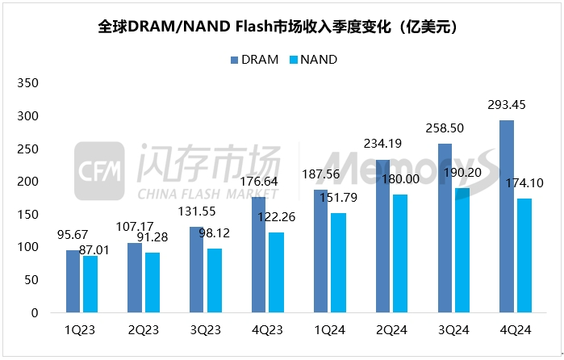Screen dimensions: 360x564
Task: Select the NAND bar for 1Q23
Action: tap(90, 283)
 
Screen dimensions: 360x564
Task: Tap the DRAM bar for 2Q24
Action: tap(382, 249)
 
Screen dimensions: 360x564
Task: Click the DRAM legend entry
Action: tap(255, 60)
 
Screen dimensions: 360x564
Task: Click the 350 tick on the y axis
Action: tap(28, 82)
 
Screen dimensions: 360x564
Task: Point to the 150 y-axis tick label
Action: tap(28, 214)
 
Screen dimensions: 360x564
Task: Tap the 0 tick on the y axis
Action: tap(35, 312)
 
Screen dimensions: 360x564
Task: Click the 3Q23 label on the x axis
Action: tap(205, 329)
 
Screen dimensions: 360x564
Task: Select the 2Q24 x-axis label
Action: tap(390, 329)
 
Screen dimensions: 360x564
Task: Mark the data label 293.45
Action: tap(506, 105)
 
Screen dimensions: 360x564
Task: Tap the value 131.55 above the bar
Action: tap(195, 212)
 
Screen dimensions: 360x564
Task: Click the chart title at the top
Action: tap(282, 27)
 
